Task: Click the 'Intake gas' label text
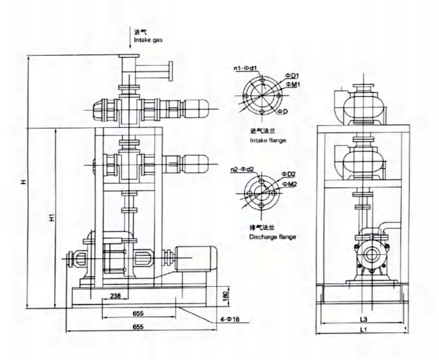coord(148,40)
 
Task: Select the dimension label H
coord(23,182)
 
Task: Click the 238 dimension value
coord(115,296)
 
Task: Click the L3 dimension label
coord(363,319)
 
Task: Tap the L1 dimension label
coord(363,330)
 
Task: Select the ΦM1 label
coord(293,84)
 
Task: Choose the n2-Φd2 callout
coord(242,170)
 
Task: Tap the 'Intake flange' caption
coord(268,140)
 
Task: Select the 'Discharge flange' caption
coord(272,237)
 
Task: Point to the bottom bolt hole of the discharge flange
coord(261,205)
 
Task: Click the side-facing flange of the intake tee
coord(171,71)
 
